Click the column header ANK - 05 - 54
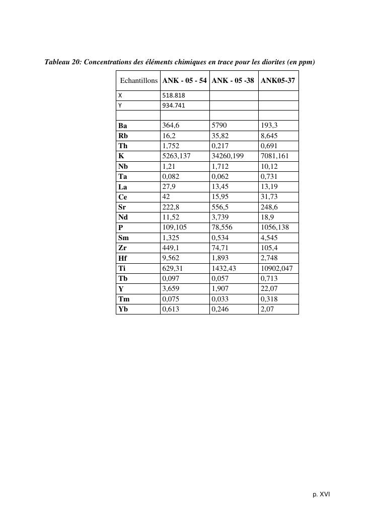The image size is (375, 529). point(185,80)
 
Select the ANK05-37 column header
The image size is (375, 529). point(278,80)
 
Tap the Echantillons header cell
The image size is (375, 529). point(139,80)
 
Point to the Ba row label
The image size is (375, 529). point(123,126)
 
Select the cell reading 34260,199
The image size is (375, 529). point(228,156)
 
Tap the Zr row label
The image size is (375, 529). point(122,248)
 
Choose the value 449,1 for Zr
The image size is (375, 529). point(171,248)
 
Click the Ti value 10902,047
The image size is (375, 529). point(276,268)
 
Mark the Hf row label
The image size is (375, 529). point(123,258)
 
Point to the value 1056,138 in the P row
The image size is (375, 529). point(275,227)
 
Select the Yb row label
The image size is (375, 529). point(123,309)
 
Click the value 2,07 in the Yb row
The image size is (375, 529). point(267,309)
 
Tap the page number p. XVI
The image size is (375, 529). point(321,494)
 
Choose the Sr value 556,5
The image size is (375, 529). point(221,207)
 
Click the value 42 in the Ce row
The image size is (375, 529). point(167,197)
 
